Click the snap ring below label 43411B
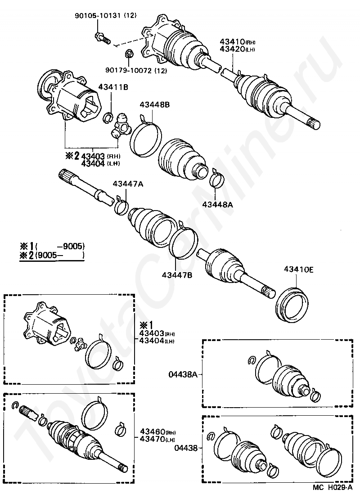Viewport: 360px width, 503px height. point(108,118)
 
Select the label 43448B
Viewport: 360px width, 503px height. point(154,105)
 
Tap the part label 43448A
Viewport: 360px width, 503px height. point(217,204)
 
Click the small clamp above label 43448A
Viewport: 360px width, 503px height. point(217,178)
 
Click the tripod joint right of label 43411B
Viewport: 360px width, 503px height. point(121,126)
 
